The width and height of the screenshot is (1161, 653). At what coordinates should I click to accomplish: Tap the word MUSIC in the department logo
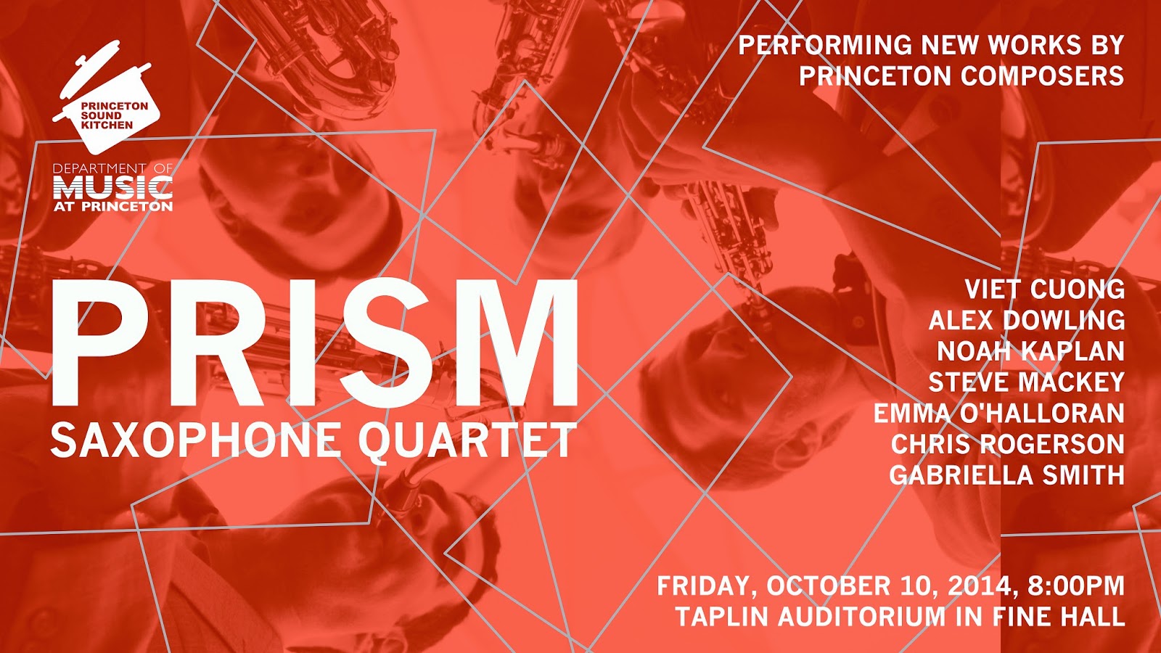pos(113,187)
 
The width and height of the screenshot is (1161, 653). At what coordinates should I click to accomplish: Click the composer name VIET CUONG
pos(1045,289)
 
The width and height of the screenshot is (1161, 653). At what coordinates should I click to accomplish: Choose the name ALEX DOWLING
pos(1027,320)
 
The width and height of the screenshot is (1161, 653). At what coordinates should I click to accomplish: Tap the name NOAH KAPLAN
pos(1031,351)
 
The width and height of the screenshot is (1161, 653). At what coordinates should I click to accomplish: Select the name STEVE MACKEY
pos(1026,382)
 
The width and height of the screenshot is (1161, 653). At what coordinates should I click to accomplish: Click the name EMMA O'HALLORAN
pos(998,413)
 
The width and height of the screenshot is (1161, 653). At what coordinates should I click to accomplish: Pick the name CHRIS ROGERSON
pos(1008,444)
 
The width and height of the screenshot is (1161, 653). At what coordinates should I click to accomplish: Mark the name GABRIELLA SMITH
pos(1007,475)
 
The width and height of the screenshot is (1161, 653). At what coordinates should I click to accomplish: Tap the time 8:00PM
pos(1073,586)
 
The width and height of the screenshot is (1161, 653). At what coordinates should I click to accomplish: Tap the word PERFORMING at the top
pos(824,44)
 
